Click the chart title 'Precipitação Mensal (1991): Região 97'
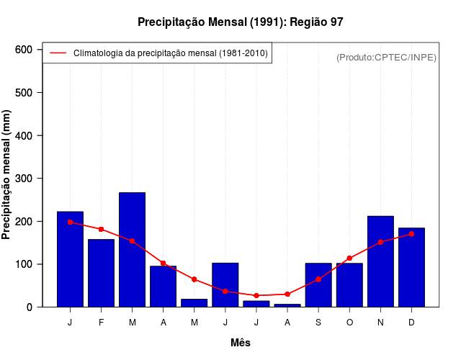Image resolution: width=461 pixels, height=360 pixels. (x=241, y=22)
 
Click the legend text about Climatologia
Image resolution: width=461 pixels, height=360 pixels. (x=171, y=53)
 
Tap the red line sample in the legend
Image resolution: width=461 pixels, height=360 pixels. (x=58, y=53)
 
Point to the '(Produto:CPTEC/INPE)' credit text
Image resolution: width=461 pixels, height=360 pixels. (x=386, y=57)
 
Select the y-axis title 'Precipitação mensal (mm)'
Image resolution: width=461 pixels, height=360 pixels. (x=7, y=174)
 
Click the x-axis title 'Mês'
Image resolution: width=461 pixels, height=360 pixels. (x=241, y=343)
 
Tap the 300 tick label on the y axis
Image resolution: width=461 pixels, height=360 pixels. (x=24, y=179)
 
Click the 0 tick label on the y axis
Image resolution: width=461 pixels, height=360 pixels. (x=30, y=307)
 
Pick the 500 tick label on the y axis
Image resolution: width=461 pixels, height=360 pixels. (x=24, y=93)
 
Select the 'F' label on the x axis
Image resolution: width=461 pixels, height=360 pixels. (x=101, y=323)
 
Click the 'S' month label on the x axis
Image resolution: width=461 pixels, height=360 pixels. (x=318, y=323)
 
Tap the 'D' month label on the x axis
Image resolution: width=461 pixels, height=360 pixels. (x=411, y=323)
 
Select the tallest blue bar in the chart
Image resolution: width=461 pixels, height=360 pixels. (x=132, y=249)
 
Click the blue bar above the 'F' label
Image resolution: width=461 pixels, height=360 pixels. (x=101, y=273)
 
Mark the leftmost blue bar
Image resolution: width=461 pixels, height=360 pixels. (x=70, y=259)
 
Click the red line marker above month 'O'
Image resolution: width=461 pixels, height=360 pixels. (x=349, y=258)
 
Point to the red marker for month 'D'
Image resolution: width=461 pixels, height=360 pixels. (x=411, y=234)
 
